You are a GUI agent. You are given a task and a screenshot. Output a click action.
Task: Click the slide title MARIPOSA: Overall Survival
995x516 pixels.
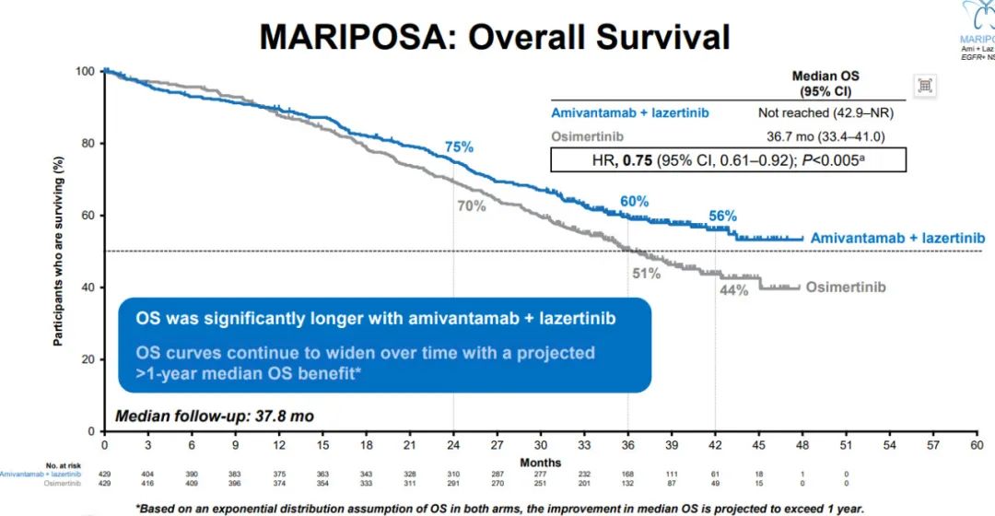click(495, 37)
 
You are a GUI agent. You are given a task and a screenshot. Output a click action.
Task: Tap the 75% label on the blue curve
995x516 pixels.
click(459, 147)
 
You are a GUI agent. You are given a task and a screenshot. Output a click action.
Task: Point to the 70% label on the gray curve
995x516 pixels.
click(471, 206)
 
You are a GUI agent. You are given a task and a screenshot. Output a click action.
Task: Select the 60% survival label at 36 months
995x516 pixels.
click(634, 201)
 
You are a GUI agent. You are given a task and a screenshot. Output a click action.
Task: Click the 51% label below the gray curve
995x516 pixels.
click(647, 274)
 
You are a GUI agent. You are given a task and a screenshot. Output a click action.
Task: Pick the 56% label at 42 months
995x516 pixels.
click(722, 216)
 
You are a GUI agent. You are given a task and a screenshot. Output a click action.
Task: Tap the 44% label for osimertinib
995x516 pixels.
click(734, 291)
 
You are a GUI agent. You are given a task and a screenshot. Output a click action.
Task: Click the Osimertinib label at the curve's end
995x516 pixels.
click(846, 287)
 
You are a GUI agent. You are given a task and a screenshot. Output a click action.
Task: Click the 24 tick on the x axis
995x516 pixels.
click(453, 444)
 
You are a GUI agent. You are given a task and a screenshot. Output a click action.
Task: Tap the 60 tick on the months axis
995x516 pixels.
click(977, 444)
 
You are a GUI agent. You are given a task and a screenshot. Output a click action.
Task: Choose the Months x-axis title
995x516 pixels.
click(540, 463)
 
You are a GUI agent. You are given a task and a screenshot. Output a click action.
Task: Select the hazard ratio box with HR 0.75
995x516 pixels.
click(728, 159)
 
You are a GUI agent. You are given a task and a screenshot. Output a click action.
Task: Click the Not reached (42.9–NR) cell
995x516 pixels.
click(825, 112)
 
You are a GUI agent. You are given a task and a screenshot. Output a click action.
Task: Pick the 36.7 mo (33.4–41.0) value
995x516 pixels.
click(834, 136)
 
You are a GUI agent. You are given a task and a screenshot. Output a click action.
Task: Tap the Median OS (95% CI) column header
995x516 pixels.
click(825, 84)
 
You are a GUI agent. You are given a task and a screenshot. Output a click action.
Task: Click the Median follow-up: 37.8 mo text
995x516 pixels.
click(215, 416)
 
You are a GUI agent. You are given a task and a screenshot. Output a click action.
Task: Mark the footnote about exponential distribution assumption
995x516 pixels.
click(500, 508)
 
